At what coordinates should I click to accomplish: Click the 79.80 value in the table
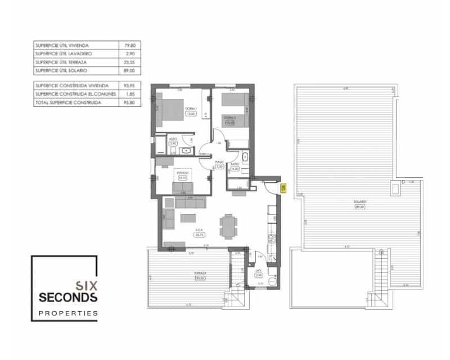point(129,45)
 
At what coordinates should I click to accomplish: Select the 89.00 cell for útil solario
point(129,71)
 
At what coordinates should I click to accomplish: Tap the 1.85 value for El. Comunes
point(129,94)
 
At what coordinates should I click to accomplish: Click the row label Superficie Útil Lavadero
point(65,53)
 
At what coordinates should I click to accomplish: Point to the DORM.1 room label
point(190,109)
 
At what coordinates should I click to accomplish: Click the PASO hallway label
point(220,162)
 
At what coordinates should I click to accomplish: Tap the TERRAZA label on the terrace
point(199,273)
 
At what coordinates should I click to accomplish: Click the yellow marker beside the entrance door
point(283,188)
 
